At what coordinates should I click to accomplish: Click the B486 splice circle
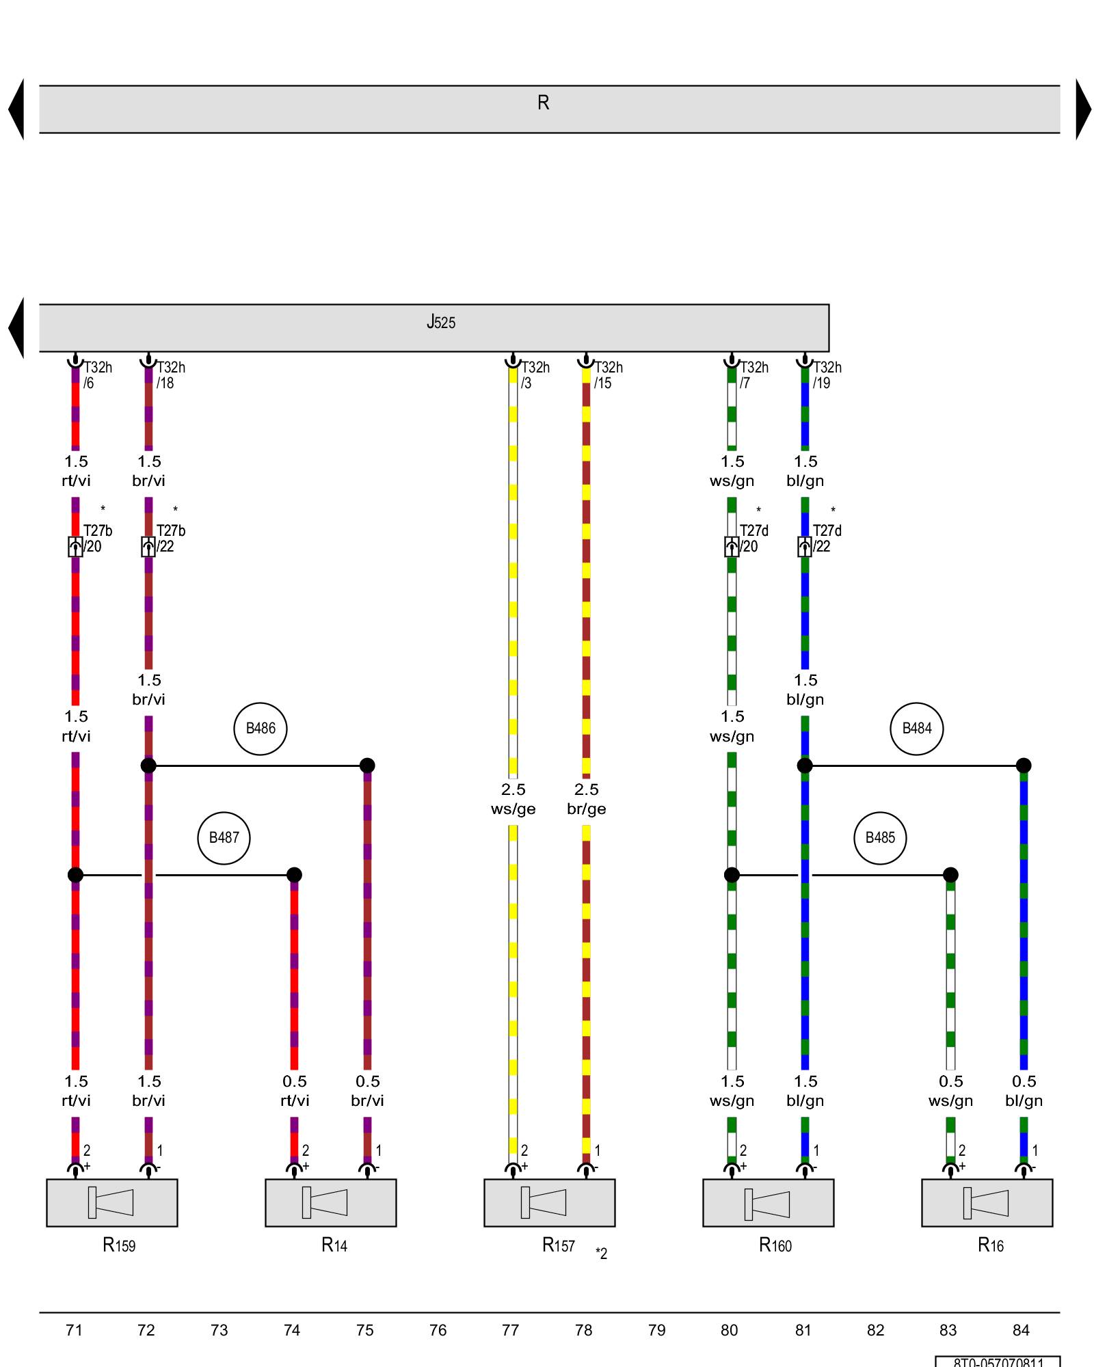pos(261,729)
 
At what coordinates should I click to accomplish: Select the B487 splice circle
pos(224,838)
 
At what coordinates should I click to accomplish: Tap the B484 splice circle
pos(916,729)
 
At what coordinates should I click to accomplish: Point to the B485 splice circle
pos(880,838)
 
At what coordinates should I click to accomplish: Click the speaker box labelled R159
pos(112,1202)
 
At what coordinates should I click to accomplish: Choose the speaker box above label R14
pos(331,1202)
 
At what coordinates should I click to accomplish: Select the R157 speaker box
pos(550,1202)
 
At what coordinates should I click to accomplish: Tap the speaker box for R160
pos(769,1202)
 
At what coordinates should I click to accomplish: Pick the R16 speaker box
pos(987,1202)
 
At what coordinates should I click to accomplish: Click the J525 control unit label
pos(441,322)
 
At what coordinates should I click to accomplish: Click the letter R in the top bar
pos(543,103)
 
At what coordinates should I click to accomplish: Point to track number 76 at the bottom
pos(438,1330)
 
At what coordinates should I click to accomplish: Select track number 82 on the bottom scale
pos(875,1330)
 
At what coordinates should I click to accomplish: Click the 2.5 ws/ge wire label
pos(513,799)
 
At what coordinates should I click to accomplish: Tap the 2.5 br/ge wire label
pos(586,799)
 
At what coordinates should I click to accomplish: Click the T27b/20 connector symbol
pos(75,546)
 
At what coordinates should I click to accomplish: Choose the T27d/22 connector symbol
pos(805,546)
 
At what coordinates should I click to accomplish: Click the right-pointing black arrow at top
pos(1083,109)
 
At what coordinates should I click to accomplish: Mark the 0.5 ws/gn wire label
pos(950,1091)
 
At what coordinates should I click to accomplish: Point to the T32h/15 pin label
pos(608,375)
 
